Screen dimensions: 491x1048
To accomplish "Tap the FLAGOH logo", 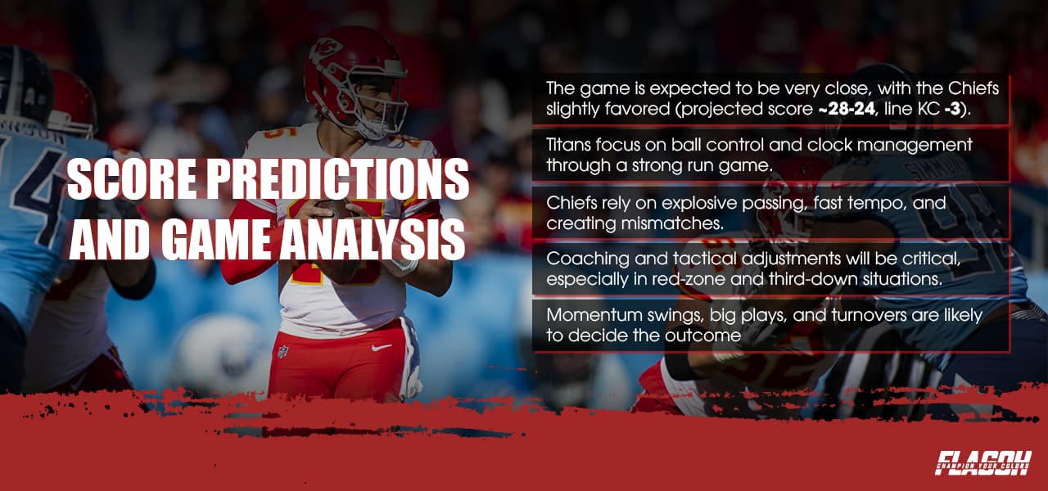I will click(982, 462).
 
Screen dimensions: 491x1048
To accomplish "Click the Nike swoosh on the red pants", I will click(381, 347).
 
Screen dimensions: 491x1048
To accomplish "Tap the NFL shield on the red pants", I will click(282, 351).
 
